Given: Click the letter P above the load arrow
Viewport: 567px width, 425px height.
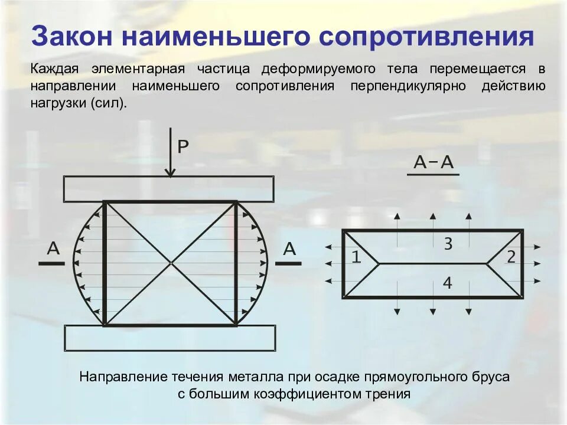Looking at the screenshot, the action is click(183, 147).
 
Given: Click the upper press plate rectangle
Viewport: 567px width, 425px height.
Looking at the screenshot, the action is click(169, 189).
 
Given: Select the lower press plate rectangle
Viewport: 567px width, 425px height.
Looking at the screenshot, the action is click(170, 338).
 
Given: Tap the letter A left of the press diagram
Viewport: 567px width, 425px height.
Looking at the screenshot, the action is click(53, 249).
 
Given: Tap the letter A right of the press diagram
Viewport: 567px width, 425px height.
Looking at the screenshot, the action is click(289, 249).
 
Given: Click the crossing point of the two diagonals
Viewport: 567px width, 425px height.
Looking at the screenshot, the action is click(171, 263).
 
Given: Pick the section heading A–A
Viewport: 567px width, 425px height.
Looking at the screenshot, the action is click(433, 162).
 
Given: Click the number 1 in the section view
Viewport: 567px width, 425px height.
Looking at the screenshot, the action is click(356, 257).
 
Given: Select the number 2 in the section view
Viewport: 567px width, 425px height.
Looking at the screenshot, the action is click(511, 257).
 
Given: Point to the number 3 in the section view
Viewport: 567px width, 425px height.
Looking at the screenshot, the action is click(448, 243).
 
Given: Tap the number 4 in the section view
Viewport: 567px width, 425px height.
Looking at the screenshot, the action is click(447, 283).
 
